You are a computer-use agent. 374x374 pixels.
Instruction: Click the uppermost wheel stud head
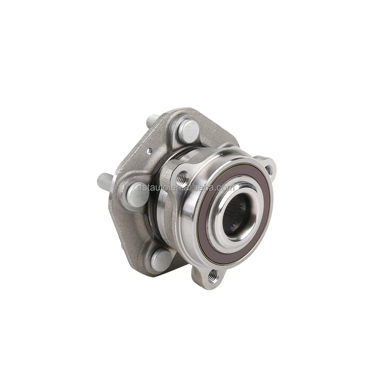point(188,131)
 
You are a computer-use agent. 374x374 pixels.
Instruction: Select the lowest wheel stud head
point(162,259)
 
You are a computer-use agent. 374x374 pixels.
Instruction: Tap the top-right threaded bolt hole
point(268,169)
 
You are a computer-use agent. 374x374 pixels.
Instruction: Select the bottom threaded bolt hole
point(213,276)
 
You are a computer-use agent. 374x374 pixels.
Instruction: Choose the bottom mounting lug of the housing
point(204,279)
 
